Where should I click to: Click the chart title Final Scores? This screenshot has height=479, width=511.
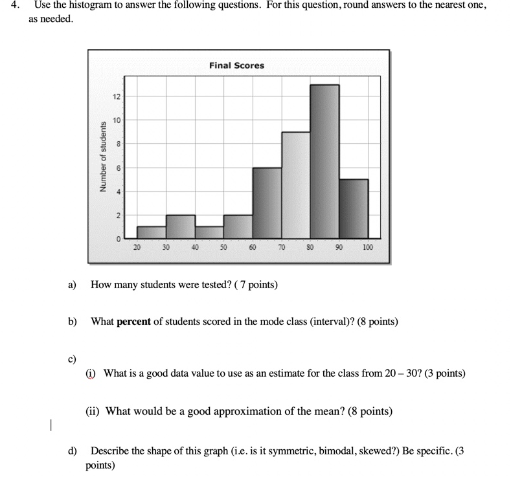coord(236,65)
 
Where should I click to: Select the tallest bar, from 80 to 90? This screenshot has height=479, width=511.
coord(324,162)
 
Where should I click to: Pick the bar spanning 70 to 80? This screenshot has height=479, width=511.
coord(295,185)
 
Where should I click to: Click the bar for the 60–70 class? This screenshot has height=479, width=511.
coord(267,203)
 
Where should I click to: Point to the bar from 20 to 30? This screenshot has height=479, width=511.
coord(152,232)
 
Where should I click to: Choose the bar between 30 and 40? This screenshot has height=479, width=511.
coord(180,227)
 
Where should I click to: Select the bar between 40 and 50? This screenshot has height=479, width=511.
coord(209,232)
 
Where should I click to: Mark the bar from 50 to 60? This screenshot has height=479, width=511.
coord(238,227)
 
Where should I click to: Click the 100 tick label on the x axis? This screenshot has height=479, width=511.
coord(368,247)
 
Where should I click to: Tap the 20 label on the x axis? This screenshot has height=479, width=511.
coord(137,247)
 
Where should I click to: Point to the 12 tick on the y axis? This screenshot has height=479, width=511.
coord(116,96)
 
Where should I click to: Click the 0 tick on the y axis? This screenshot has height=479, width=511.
coord(118,239)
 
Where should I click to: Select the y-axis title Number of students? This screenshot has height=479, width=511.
coord(102,156)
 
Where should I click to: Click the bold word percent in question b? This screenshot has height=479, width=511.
coord(133,321)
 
